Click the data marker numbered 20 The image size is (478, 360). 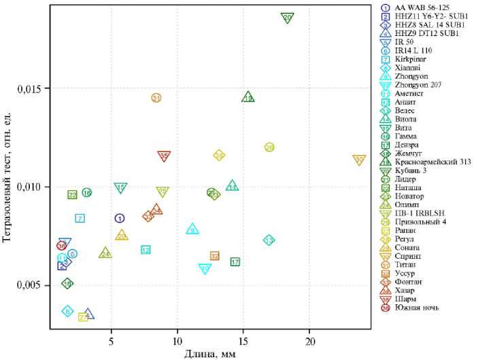[x=288, y=18]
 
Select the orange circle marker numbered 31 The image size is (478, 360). [x=156, y=98]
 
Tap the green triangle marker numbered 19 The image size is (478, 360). [x=248, y=98]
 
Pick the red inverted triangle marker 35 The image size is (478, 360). [x=164, y=156]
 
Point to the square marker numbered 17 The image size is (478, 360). [x=235, y=262]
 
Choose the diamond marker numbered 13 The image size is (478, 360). [x=269, y=240]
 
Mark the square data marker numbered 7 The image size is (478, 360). [x=80, y=219]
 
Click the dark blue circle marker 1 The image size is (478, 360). [x=120, y=219]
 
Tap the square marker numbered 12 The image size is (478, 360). [x=146, y=250]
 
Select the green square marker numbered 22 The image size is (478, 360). [x=73, y=195]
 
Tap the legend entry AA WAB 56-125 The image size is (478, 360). [x=418, y=7]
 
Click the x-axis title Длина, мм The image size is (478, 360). [x=210, y=353]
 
